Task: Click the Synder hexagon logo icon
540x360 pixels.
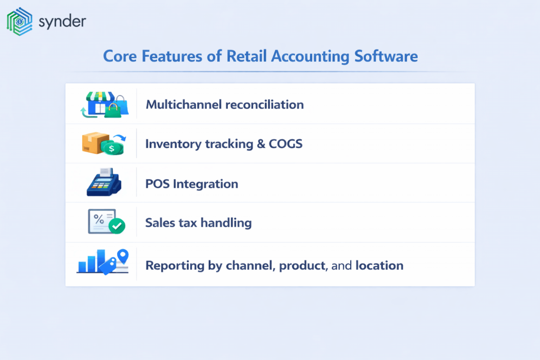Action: [x=19, y=22]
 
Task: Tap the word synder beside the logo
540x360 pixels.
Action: [x=62, y=22]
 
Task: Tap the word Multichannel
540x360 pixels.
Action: [x=184, y=104]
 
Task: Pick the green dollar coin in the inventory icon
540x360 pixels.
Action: [x=112, y=148]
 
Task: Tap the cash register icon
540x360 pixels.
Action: [x=104, y=182]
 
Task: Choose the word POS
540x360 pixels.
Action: [x=157, y=184]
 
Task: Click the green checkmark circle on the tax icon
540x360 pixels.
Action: [x=117, y=227]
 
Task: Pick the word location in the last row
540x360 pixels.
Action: [x=380, y=265]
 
